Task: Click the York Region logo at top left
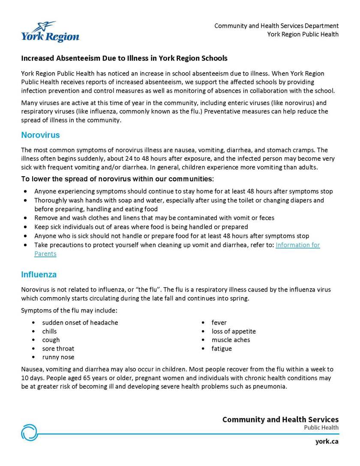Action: [x=50, y=32]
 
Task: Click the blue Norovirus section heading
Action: [x=40, y=135]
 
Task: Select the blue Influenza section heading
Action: [x=39, y=274]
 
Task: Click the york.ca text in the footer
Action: [x=327, y=441]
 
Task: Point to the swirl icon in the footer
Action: [x=30, y=432]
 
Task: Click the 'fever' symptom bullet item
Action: [x=219, y=322]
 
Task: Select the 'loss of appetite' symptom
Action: [x=233, y=331]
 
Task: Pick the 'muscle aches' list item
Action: [x=231, y=340]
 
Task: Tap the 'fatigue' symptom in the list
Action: [x=221, y=349]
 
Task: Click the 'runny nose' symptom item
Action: [x=58, y=357]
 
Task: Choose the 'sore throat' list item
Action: [x=58, y=349]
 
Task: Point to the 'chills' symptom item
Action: [x=49, y=331]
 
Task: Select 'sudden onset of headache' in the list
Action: [x=80, y=322]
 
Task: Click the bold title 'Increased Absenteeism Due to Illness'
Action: [x=124, y=58]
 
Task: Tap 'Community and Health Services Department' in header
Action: [x=276, y=26]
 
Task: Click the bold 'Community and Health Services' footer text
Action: [x=280, y=419]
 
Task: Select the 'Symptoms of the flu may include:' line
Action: [x=69, y=310]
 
